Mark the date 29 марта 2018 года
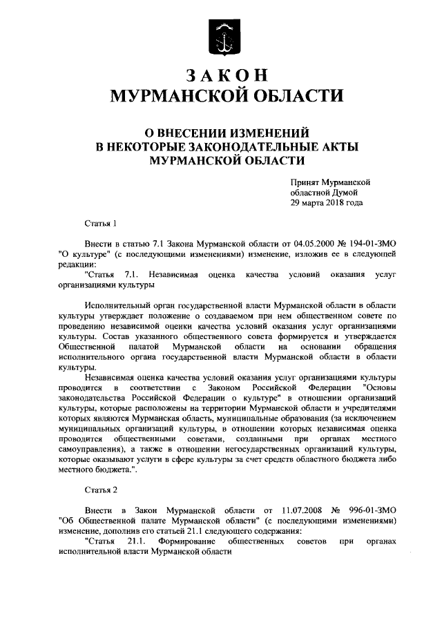[325, 203]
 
